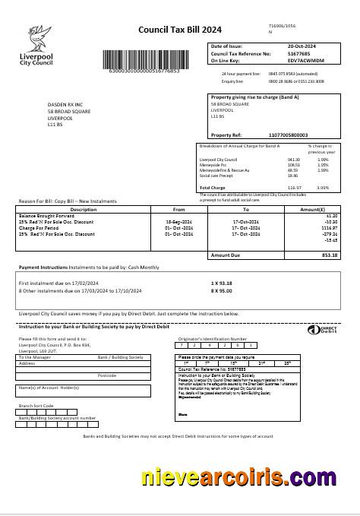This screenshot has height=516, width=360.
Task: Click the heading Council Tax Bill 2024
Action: click(x=180, y=30)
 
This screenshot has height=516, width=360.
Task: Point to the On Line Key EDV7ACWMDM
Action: click(x=285, y=60)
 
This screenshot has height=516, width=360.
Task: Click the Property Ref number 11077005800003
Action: click(x=288, y=135)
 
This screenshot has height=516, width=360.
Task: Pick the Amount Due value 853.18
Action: click(x=330, y=255)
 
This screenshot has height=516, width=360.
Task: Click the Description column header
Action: click(x=84, y=209)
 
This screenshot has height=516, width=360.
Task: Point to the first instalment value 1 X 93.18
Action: click(x=221, y=283)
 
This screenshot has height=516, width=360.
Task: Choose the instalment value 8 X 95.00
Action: click(x=221, y=290)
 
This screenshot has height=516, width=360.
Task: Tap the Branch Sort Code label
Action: click(x=37, y=406)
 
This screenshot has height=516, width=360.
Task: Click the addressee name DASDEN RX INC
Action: click(x=65, y=106)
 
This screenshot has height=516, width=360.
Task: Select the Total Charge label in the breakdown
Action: click(x=213, y=187)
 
